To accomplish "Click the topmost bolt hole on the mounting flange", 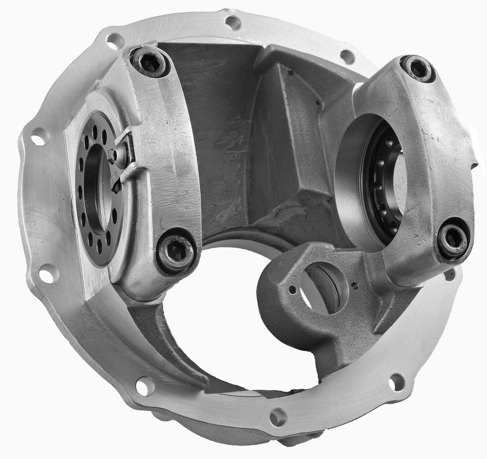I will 233,23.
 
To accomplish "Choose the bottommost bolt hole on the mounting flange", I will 278,417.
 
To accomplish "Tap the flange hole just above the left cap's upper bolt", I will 115,41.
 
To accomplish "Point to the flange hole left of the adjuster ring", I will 40,137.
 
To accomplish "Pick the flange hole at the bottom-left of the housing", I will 144,386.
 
